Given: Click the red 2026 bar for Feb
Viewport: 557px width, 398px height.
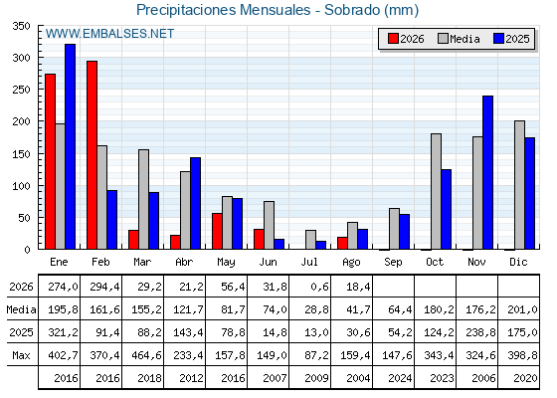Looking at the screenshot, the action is click(x=92, y=155).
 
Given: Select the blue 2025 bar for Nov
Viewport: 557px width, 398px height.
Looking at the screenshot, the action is click(x=487, y=172).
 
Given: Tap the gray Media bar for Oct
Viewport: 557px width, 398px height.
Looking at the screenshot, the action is click(x=436, y=191).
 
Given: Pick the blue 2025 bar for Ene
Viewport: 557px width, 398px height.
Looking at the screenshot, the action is click(x=70, y=146).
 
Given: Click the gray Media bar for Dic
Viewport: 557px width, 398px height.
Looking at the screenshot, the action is click(x=519, y=185).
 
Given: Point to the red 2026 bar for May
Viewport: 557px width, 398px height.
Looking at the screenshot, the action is click(x=217, y=231).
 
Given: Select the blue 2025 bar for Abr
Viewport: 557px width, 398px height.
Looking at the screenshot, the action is click(x=195, y=203).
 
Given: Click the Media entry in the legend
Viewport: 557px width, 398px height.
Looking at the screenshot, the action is click(x=459, y=39).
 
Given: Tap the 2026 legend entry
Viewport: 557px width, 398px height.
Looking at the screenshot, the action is click(x=406, y=39).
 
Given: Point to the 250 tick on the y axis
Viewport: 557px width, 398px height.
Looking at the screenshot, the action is click(x=21, y=90).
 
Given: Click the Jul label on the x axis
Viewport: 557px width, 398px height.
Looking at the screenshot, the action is click(x=309, y=263).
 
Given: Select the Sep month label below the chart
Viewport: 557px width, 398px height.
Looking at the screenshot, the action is click(x=393, y=263).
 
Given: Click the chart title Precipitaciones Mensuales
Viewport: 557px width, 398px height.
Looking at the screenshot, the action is click(x=224, y=10).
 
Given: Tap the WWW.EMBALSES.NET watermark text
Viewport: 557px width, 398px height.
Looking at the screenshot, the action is click(x=109, y=34).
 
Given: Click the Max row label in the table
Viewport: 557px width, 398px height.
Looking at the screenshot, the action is click(x=21, y=355).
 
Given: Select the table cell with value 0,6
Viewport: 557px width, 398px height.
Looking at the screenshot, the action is click(x=319, y=287).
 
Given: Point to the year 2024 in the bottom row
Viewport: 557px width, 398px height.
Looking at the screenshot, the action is click(x=400, y=378).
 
